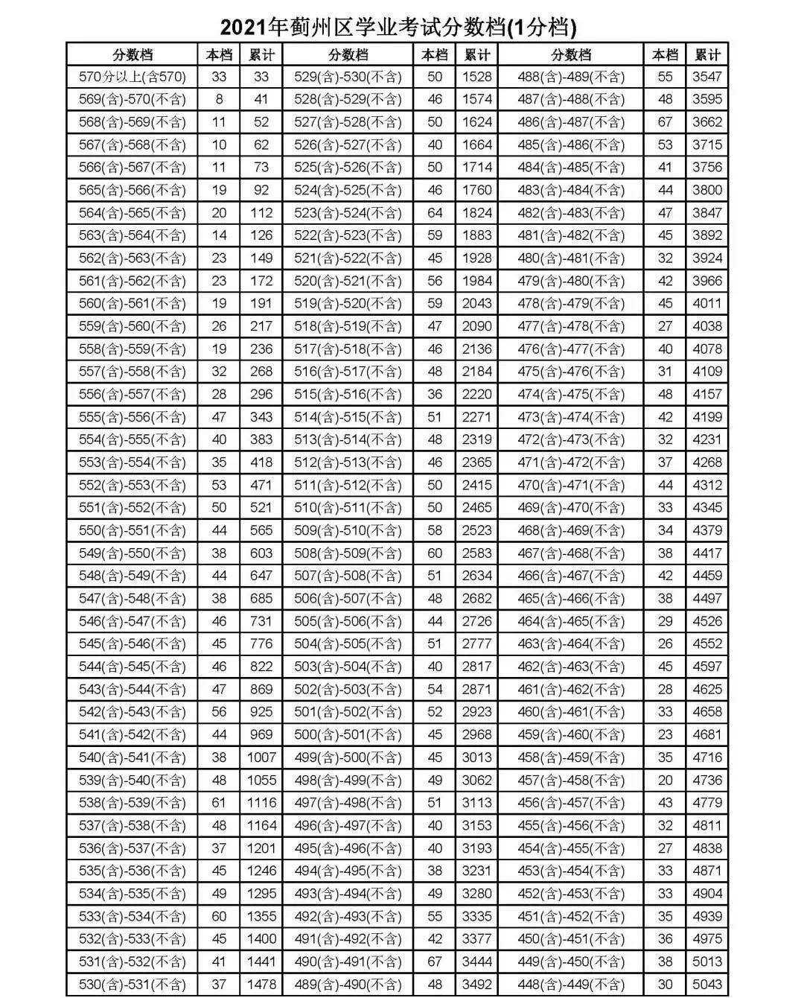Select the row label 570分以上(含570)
(x=133, y=77)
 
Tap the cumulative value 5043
(x=707, y=984)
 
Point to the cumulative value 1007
(x=261, y=757)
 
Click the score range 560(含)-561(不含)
(x=133, y=304)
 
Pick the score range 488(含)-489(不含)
(x=571, y=77)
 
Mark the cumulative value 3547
(x=707, y=77)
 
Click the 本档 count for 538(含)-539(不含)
(x=219, y=803)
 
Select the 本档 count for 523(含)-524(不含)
(x=435, y=213)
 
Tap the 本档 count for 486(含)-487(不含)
(x=665, y=122)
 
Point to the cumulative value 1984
(x=476, y=281)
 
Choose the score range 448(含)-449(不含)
(x=571, y=984)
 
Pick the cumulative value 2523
(x=476, y=530)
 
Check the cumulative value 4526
(x=707, y=621)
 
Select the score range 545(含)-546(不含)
(x=133, y=643)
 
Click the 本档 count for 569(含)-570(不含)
(x=219, y=99)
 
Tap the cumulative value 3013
(x=476, y=757)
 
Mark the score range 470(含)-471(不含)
(x=571, y=485)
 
